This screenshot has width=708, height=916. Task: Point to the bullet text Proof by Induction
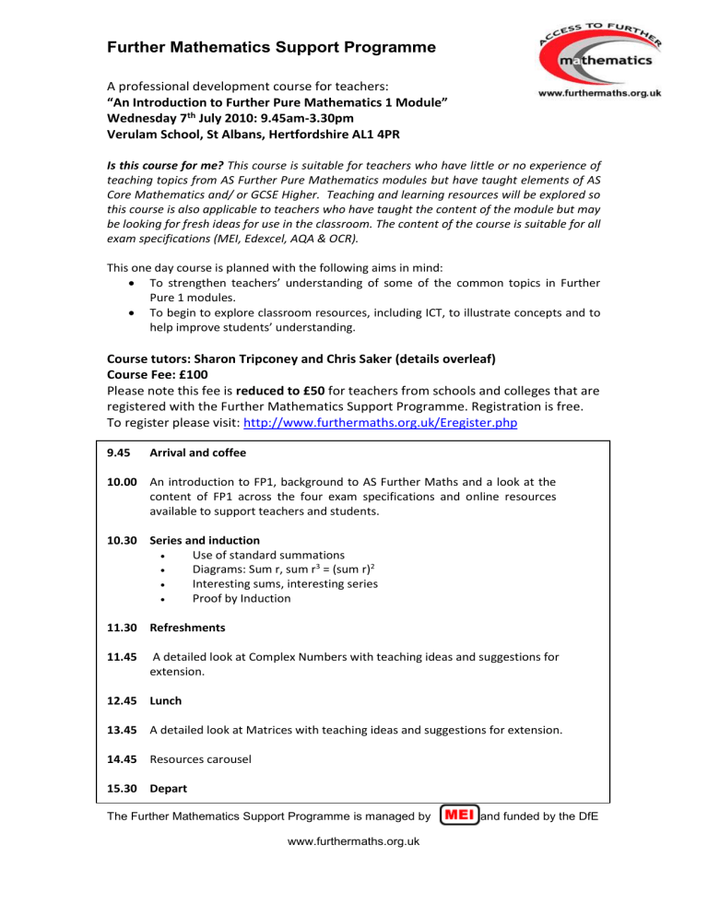pyautogui.click(x=242, y=599)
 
